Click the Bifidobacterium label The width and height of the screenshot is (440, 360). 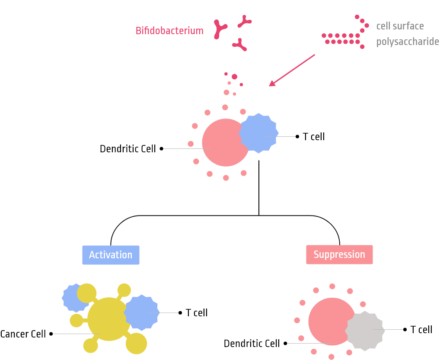(x=169, y=31)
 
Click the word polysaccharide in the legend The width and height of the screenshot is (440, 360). (x=407, y=42)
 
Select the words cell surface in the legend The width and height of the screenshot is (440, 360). (x=400, y=26)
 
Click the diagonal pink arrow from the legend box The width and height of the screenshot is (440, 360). (x=292, y=70)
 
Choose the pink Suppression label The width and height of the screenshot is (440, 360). (x=339, y=254)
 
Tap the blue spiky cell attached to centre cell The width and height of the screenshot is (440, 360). (x=258, y=133)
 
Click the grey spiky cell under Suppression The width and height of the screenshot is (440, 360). (x=365, y=331)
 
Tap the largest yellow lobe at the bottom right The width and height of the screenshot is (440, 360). (x=137, y=344)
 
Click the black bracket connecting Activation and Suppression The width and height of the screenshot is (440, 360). (x=225, y=216)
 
